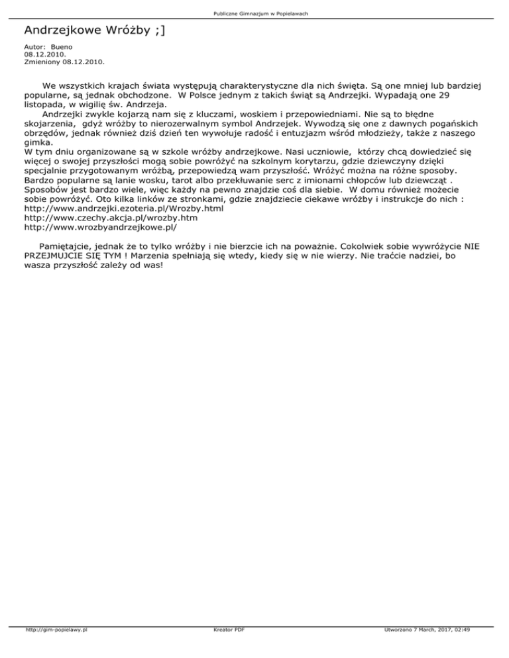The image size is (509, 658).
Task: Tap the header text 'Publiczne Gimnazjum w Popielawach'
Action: pyautogui.click(x=254, y=14)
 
